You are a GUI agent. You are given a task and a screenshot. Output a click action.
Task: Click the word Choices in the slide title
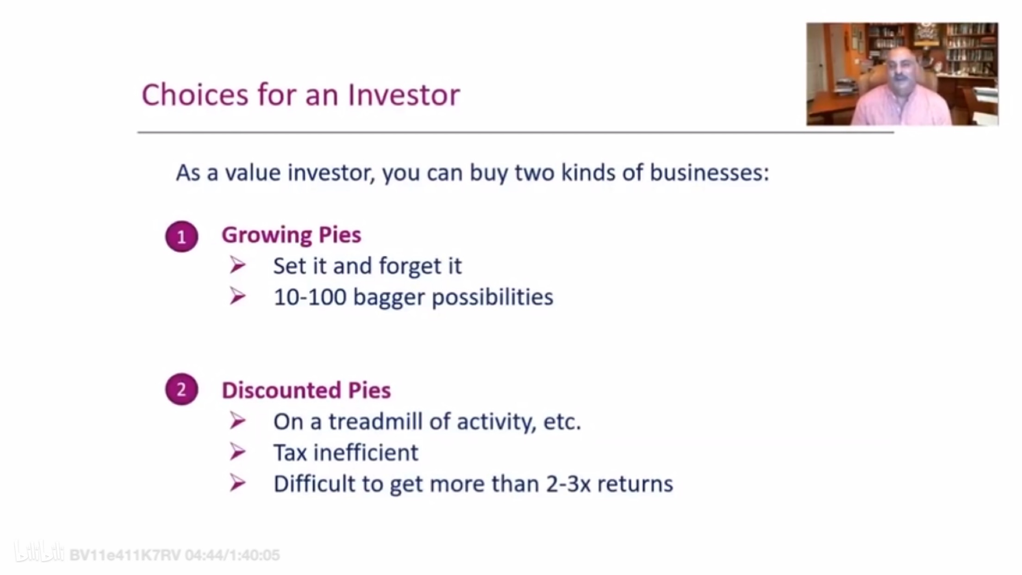click(195, 95)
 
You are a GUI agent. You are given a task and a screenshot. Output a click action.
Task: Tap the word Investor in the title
click(404, 95)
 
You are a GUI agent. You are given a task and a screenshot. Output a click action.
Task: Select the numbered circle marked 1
click(182, 237)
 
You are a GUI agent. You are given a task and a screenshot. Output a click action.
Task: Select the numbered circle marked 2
click(182, 389)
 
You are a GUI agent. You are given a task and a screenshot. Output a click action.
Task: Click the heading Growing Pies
click(291, 235)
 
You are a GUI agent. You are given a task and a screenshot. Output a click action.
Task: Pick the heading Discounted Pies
click(306, 390)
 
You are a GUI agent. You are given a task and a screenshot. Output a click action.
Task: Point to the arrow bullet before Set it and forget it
click(237, 265)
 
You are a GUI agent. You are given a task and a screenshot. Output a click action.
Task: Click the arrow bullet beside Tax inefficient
click(237, 452)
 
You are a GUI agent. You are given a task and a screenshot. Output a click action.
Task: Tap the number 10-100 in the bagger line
click(310, 297)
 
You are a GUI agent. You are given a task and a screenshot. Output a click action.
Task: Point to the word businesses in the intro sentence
click(709, 173)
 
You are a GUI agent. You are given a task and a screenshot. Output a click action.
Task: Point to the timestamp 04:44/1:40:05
click(232, 555)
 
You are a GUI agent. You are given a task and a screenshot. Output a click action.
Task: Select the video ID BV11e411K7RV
click(125, 555)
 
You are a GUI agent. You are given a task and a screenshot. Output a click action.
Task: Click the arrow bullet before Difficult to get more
click(237, 483)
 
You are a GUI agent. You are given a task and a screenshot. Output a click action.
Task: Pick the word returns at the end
click(635, 484)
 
